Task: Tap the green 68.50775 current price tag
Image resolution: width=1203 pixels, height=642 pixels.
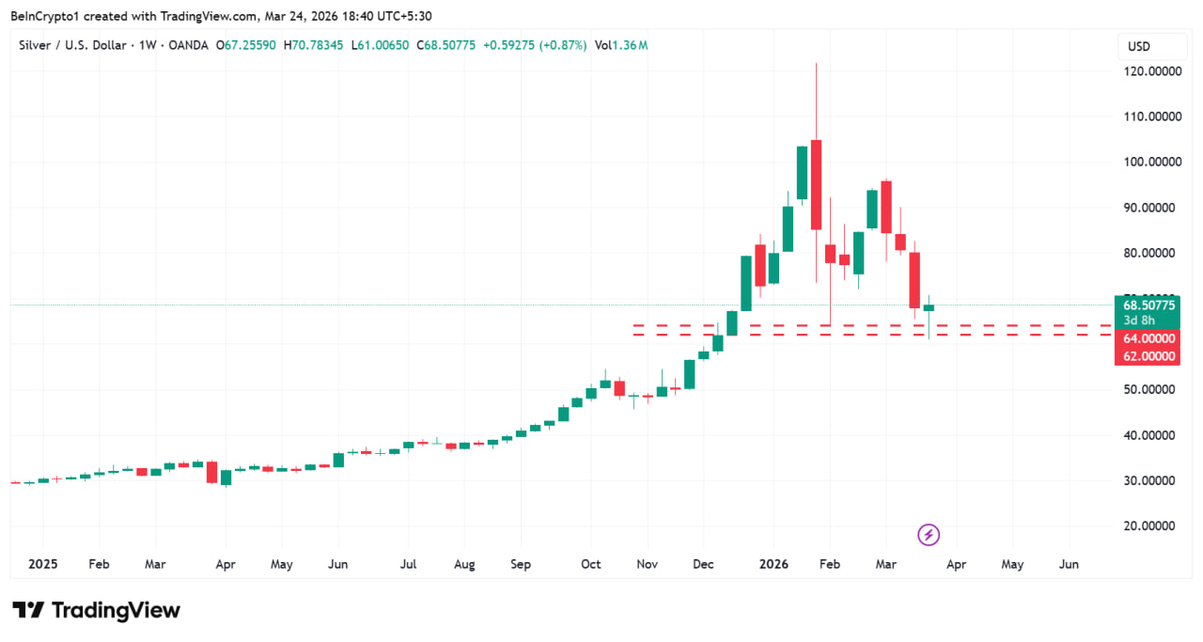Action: click(1148, 305)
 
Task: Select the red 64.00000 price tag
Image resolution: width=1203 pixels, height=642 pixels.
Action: click(1148, 338)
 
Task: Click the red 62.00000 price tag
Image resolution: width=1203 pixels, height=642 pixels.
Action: click(1148, 356)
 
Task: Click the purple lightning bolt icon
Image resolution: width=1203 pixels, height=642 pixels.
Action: click(929, 535)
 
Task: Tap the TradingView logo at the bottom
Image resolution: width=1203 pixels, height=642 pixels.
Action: click(96, 610)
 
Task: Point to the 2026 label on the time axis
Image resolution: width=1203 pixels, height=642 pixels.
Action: click(773, 564)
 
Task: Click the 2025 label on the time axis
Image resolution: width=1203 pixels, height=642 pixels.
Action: click(42, 564)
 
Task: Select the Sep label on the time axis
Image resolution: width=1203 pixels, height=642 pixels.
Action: click(521, 564)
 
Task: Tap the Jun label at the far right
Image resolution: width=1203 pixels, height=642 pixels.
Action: click(1069, 564)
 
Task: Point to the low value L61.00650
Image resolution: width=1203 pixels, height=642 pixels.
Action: click(381, 45)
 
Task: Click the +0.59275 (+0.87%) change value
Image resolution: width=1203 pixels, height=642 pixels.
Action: click(534, 45)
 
